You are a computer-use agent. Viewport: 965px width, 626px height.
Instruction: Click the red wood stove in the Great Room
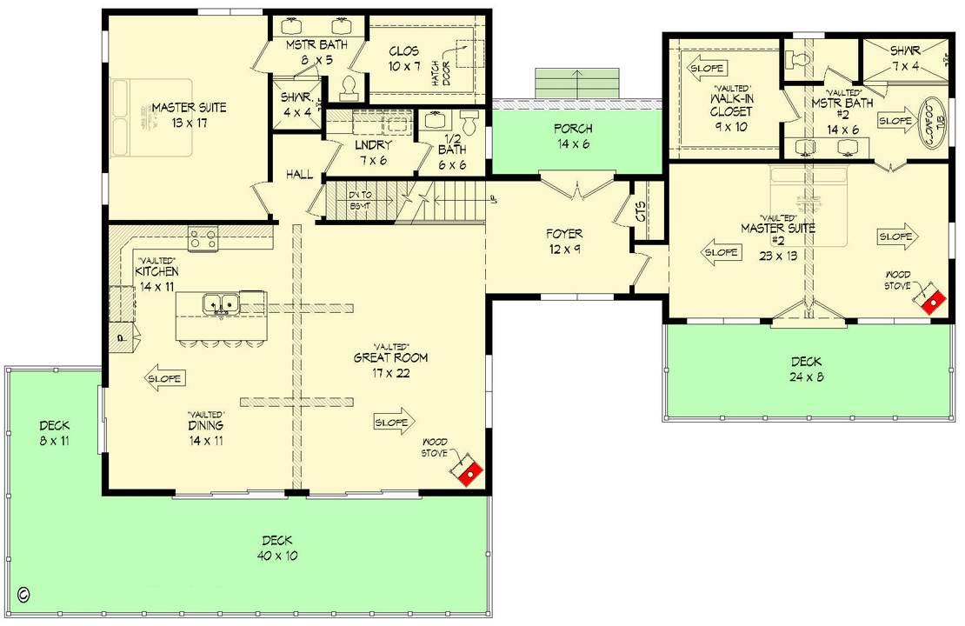pyautogui.click(x=469, y=470)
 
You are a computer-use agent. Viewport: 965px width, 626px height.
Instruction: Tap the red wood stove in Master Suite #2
pyautogui.click(x=931, y=299)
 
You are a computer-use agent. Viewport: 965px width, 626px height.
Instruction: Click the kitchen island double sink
pyautogui.click(x=221, y=304)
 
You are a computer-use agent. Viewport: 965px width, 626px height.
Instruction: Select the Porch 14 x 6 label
pyautogui.click(x=572, y=137)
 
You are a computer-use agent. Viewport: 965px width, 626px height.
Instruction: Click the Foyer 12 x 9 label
pyautogui.click(x=563, y=241)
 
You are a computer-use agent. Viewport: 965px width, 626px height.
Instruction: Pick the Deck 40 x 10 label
pyautogui.click(x=276, y=548)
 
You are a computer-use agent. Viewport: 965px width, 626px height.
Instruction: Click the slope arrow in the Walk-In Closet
pyautogui.click(x=707, y=67)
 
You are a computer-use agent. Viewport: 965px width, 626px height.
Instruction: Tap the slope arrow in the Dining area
pyautogui.click(x=163, y=379)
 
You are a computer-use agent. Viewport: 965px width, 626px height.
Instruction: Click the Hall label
pyautogui.click(x=299, y=176)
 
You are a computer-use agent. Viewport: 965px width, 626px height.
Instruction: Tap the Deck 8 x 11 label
pyautogui.click(x=54, y=433)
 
